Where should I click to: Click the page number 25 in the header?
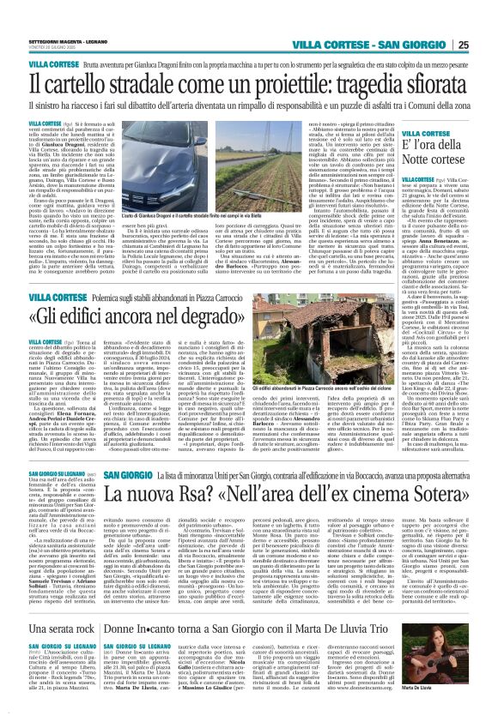tap(487, 20)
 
